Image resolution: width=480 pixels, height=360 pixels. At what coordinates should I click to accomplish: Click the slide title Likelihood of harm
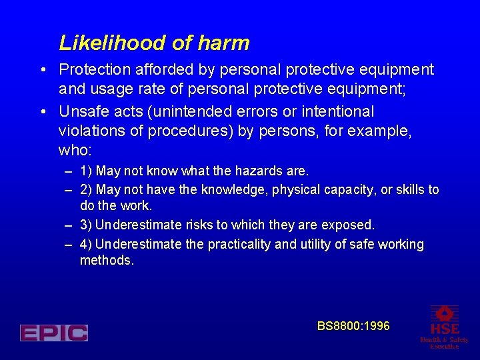[154, 43]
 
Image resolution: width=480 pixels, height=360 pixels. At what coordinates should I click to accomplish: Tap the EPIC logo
[54, 333]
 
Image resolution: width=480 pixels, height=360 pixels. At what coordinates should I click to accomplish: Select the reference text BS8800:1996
[353, 326]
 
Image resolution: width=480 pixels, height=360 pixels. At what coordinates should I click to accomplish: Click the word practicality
[240, 245]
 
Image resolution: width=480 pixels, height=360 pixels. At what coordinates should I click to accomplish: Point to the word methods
[107, 261]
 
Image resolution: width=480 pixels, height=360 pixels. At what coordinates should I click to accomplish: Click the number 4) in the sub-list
[86, 245]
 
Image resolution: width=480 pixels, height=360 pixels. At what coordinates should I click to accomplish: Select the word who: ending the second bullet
[75, 150]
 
